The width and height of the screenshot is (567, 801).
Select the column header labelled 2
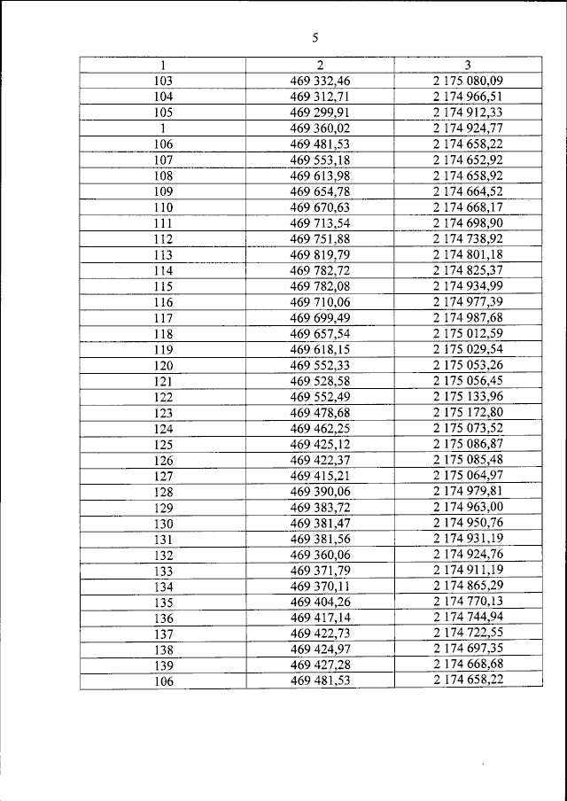(x=320, y=65)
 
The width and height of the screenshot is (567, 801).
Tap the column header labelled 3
(x=467, y=65)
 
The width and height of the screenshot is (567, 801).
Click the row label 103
(x=163, y=81)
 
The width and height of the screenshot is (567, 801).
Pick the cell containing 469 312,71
(x=320, y=97)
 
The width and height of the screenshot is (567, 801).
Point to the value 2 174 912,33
(x=467, y=112)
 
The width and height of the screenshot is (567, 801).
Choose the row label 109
(x=163, y=191)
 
